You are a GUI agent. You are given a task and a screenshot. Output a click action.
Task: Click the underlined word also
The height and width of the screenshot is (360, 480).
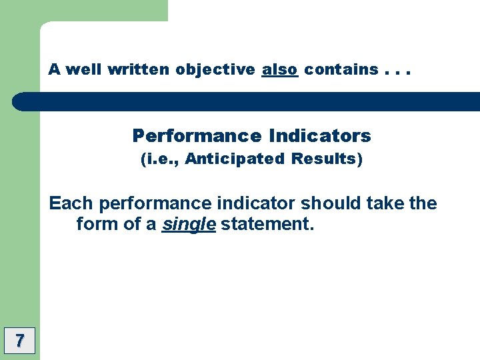279,69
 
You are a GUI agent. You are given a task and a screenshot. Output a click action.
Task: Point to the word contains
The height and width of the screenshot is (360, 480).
341,69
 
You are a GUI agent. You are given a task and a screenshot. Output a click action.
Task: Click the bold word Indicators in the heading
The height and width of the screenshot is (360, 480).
320,136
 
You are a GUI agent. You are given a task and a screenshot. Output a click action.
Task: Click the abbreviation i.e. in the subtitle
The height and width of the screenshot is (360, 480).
160,159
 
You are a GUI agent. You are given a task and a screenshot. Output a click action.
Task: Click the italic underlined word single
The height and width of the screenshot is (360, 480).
189,225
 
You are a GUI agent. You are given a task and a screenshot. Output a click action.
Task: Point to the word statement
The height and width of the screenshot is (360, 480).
267,224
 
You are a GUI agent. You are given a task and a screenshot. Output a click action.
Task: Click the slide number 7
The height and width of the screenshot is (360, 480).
19,341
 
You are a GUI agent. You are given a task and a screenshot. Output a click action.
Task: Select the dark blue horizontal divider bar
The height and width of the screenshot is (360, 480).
247,101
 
